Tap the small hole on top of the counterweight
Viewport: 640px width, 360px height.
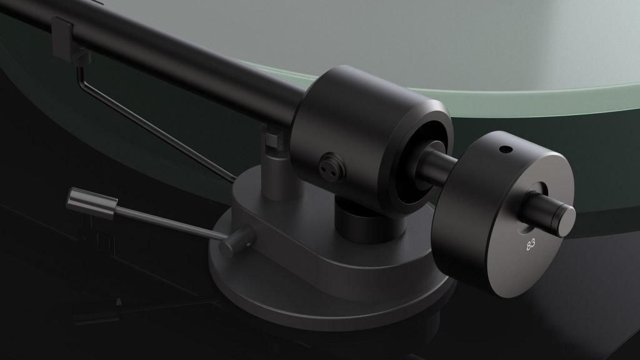[504, 151]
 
